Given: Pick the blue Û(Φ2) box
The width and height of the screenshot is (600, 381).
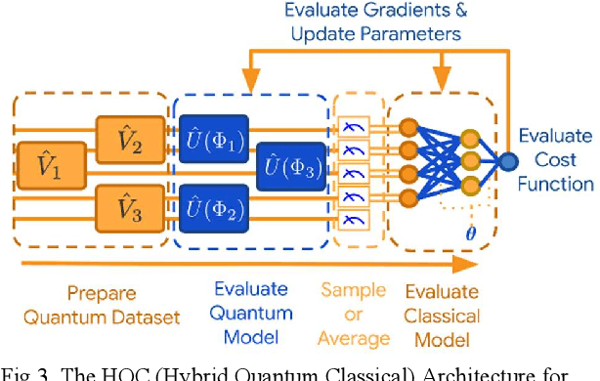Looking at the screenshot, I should (x=213, y=207).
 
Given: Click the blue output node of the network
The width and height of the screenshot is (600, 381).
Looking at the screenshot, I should (x=505, y=160).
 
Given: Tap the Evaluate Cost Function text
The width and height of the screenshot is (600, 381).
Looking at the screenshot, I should (x=555, y=160).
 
